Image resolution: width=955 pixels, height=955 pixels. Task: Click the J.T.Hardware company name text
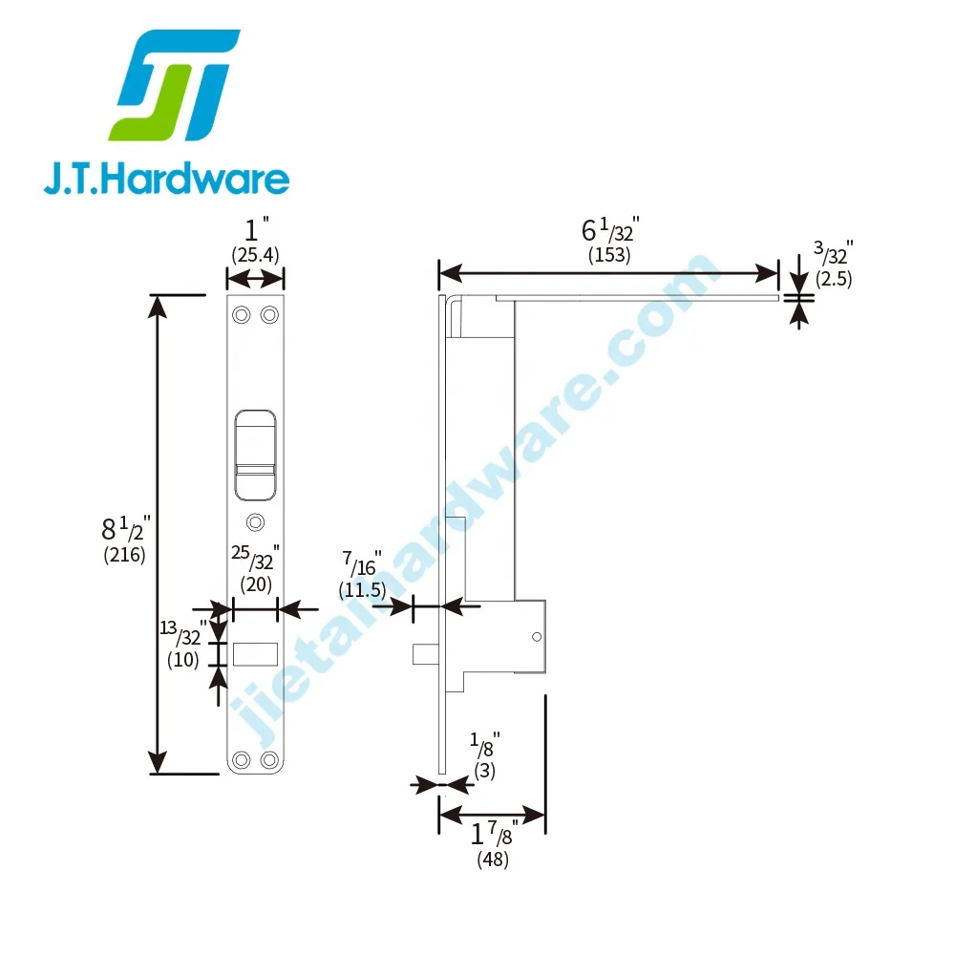click(166, 179)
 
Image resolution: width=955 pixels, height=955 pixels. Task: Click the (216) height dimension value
click(124, 555)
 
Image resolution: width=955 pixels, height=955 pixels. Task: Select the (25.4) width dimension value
click(255, 254)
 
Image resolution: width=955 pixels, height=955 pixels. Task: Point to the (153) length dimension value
click(609, 255)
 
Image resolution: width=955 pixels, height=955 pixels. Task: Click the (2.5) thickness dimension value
click(833, 279)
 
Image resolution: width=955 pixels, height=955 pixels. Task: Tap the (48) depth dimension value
click(492, 859)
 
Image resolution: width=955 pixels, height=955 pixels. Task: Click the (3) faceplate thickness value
click(485, 770)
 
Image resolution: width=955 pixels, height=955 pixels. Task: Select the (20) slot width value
click(255, 584)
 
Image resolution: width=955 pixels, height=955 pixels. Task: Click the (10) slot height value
click(182, 659)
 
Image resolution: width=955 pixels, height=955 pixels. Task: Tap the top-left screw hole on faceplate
click(242, 314)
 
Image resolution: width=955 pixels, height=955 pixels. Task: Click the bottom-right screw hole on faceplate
click(269, 759)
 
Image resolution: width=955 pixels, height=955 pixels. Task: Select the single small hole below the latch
click(254, 521)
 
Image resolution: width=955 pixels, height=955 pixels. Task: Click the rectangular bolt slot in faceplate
click(255, 654)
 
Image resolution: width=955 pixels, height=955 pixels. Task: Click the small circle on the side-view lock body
click(537, 637)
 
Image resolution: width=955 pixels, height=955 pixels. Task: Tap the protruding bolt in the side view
click(425, 654)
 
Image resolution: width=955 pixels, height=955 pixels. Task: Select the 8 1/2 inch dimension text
click(126, 528)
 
